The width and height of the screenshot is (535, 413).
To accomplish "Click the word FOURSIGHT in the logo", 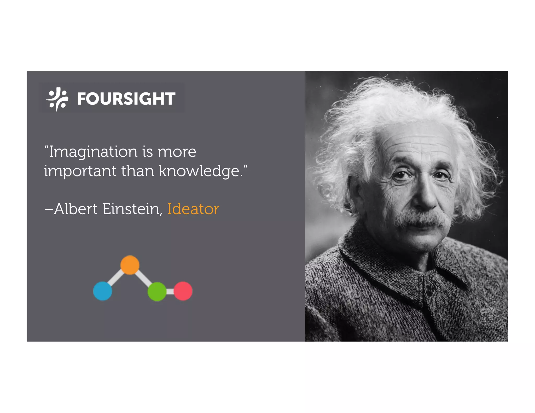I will pyautogui.click(x=126, y=99).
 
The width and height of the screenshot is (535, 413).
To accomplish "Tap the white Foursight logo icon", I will pyautogui.click(x=57, y=99).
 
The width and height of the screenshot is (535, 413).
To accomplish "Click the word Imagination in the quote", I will pyautogui.click(x=93, y=152).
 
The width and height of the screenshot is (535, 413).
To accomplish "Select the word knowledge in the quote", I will pyautogui.click(x=199, y=171).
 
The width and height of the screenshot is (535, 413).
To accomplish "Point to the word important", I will pyautogui.click(x=80, y=171).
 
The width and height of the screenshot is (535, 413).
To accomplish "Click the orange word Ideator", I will pyautogui.click(x=193, y=209).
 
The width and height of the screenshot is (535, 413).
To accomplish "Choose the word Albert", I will pyautogui.click(x=76, y=209).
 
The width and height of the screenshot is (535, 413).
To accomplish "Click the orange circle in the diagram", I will pyautogui.click(x=130, y=265).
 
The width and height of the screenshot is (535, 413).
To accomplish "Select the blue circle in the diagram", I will pyautogui.click(x=103, y=291).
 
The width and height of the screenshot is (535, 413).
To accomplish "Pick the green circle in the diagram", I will pyautogui.click(x=157, y=291).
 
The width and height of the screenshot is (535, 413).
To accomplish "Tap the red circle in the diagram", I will pyautogui.click(x=183, y=291).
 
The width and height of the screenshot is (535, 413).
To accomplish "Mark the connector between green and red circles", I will pyautogui.click(x=170, y=291).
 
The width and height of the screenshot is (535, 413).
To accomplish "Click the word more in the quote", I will pyautogui.click(x=177, y=152).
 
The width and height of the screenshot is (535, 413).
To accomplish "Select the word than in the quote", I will pyautogui.click(x=137, y=171).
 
